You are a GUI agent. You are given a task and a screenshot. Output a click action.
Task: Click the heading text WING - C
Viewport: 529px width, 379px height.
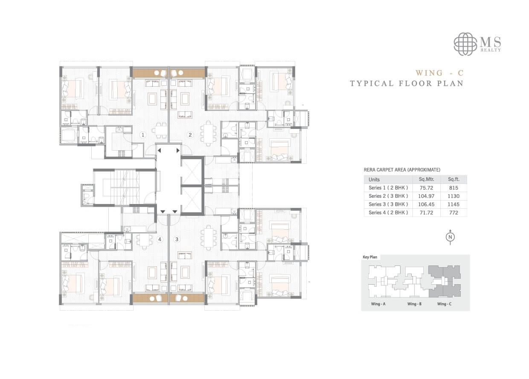[x=439, y=73]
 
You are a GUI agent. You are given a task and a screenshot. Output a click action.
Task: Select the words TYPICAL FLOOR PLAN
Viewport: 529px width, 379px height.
[x=407, y=83]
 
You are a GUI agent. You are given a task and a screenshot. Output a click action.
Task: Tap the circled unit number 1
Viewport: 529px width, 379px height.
[x=144, y=135]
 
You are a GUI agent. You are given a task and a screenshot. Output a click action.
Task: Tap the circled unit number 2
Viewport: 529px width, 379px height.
[x=191, y=135]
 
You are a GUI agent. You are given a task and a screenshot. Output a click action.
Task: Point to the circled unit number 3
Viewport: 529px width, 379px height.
[x=177, y=239]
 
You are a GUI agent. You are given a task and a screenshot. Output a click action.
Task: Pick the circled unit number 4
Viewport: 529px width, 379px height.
[x=160, y=239]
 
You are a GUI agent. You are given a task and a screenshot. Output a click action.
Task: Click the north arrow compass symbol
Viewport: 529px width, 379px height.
[x=450, y=237]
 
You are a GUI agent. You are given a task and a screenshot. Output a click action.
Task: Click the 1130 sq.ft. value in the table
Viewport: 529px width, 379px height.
[x=453, y=196]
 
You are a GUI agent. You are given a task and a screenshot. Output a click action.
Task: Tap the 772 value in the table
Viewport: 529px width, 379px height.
[x=453, y=212]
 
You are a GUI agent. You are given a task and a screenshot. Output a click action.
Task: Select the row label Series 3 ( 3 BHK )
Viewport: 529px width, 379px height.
[x=388, y=204]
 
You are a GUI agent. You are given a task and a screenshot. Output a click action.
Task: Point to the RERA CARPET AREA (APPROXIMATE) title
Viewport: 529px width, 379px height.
[x=402, y=169]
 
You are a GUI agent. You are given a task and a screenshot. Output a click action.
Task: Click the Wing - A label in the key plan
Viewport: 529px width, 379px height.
[x=378, y=304]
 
